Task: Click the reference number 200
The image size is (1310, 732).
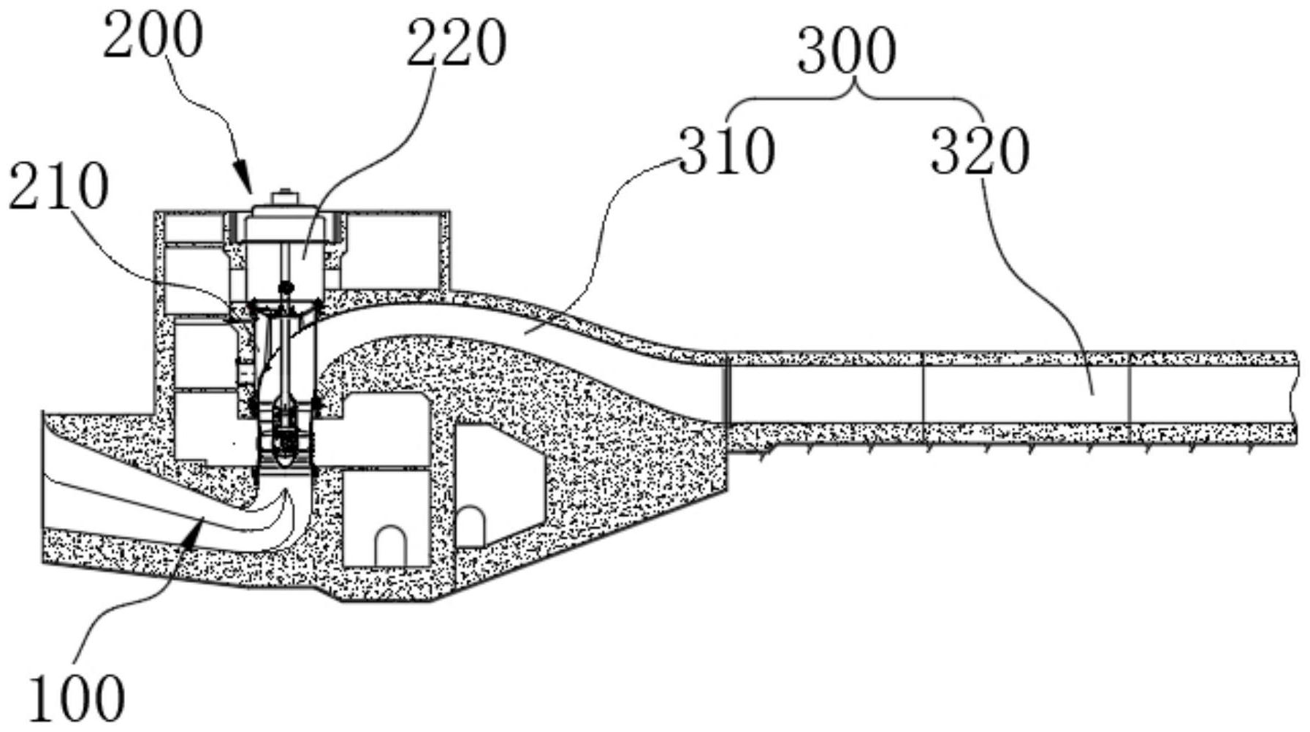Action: tap(152, 37)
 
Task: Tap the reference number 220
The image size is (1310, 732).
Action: tap(456, 44)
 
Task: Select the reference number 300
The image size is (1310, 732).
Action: tap(847, 51)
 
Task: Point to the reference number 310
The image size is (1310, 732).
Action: tap(727, 151)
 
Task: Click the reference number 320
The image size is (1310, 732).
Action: tap(980, 151)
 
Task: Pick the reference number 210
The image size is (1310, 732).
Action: tap(59, 186)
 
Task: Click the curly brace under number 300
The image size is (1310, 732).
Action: tap(854, 102)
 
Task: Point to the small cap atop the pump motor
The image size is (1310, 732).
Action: tap(285, 197)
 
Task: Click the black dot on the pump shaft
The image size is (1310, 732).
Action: tap(286, 287)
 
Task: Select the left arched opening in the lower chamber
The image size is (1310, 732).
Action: tap(390, 546)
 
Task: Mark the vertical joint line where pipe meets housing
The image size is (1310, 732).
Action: tap(727, 391)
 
